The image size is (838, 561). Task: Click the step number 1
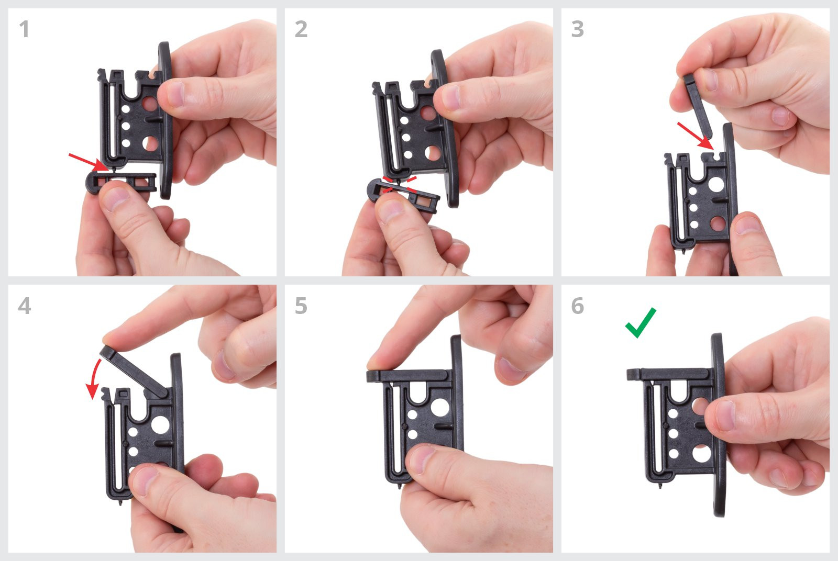click(x=24, y=29)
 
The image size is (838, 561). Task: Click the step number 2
click(x=301, y=29)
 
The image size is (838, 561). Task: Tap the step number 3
click(x=578, y=29)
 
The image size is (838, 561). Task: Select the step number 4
click(x=25, y=306)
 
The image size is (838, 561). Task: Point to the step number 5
click(x=301, y=306)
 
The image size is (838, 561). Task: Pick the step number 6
click(x=578, y=306)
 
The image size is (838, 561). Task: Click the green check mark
click(x=641, y=323)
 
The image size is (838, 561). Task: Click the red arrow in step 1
click(x=89, y=162)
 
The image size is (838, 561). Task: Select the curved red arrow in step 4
click(x=94, y=378)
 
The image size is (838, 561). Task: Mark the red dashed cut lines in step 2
click(x=400, y=184)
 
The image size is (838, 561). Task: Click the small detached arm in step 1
click(x=121, y=183)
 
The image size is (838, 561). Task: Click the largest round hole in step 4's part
click(x=160, y=424)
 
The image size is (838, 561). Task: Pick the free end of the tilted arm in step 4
click(x=106, y=352)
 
